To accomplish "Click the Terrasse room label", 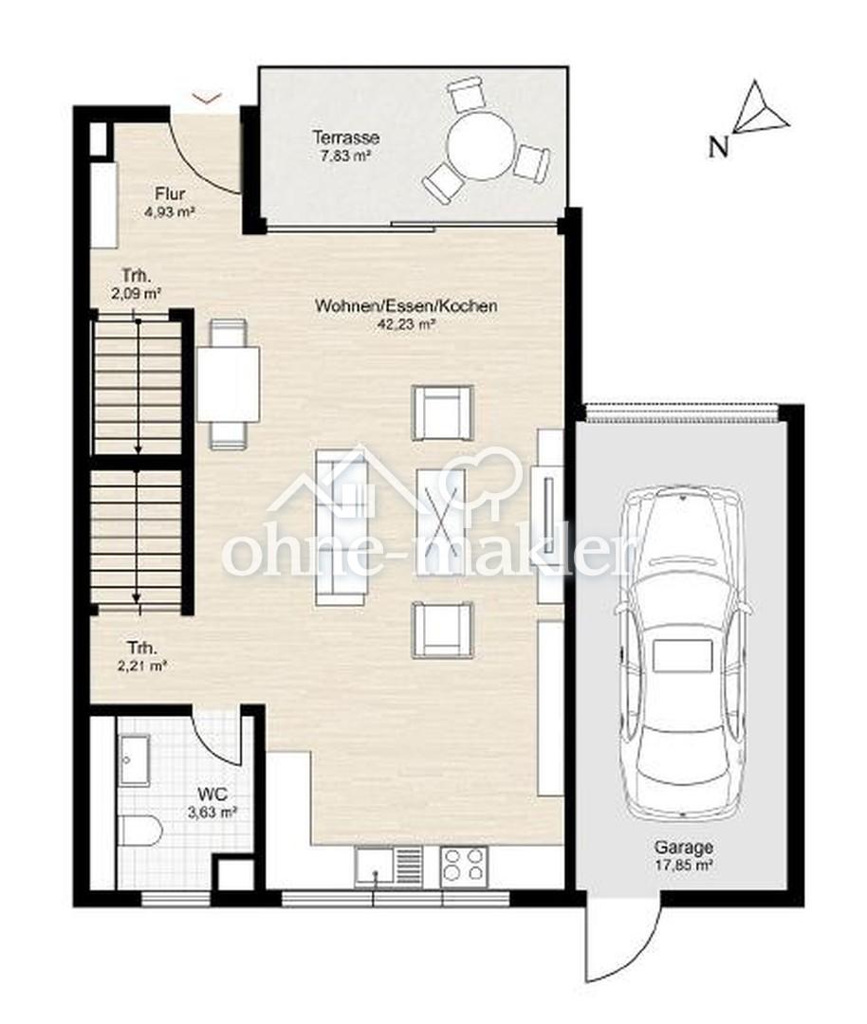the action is pos(345,137).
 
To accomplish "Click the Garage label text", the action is pos(684,848).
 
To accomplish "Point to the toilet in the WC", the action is pos(140,830).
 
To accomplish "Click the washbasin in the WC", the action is pos(135,760).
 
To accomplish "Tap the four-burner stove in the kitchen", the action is pos(464,866).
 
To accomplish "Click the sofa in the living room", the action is pos(341,527).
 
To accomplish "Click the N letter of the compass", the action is pos(719,148).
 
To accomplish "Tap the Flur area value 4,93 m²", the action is pos(170,211).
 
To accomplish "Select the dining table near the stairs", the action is pos(228,383).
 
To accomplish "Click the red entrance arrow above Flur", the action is pos(208,98).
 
